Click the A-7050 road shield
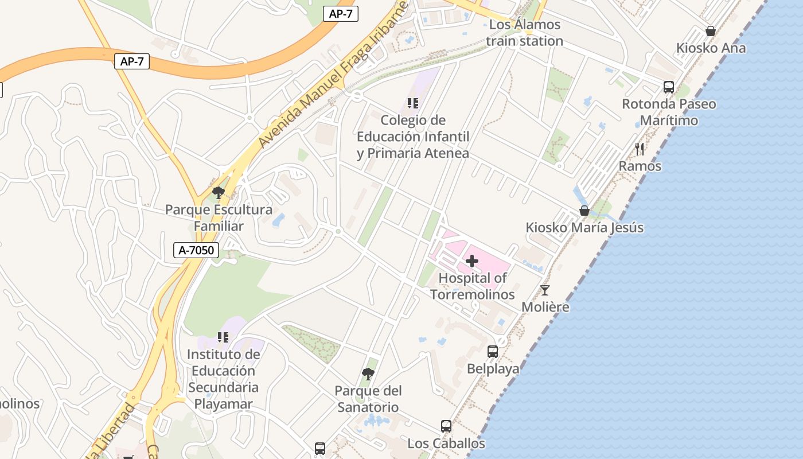196,250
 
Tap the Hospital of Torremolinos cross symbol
472,262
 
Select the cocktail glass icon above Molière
545,290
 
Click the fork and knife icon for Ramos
640,149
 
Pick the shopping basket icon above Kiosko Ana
711,31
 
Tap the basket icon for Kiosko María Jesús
584,211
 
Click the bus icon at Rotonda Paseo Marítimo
669,87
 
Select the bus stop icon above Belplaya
493,352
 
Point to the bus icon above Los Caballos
446,426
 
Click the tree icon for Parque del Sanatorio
368,374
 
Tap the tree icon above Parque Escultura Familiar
218,193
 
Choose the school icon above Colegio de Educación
413,103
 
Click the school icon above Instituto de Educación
223,337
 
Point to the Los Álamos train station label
524,33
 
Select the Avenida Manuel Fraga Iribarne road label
333,75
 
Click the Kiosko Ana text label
711,48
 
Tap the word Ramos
640,166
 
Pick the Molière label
545,307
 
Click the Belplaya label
493,369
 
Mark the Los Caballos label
446,444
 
